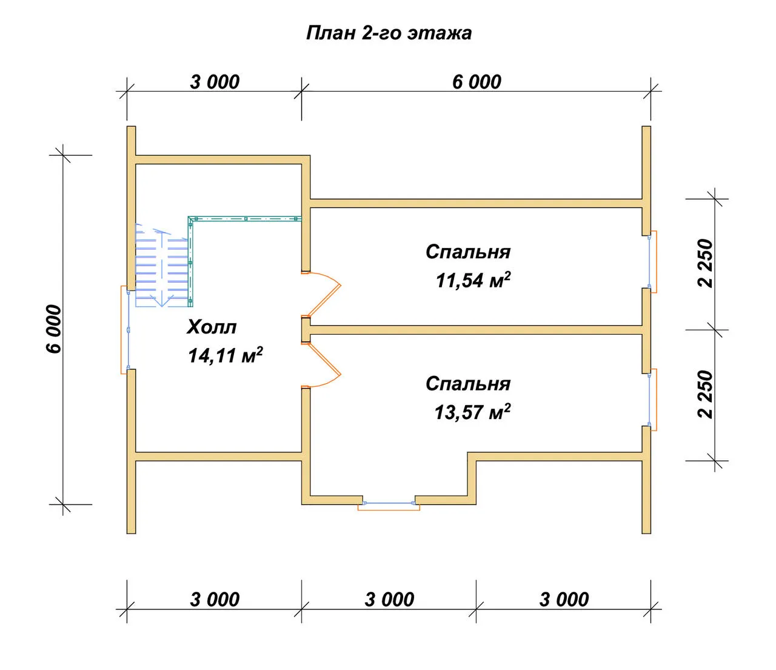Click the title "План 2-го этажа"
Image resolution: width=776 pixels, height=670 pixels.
389,33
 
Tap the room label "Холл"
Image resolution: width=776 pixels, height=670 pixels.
212,327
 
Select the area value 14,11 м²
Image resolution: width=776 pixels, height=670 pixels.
226,355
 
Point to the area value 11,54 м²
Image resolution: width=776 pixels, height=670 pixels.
473,280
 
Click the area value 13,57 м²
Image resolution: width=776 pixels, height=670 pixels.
472,412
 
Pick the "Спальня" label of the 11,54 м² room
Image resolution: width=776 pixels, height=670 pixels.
468,252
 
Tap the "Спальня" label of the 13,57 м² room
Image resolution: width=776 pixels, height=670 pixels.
468,384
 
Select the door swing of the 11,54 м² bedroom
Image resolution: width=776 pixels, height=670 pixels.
321,293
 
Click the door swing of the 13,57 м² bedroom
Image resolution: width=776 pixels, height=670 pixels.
321,364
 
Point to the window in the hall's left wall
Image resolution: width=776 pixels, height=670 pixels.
125,330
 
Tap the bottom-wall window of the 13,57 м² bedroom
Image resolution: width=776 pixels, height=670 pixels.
389,506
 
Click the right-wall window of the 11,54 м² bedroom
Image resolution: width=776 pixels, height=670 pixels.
653,261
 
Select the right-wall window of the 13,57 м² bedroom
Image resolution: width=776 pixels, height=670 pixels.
653,400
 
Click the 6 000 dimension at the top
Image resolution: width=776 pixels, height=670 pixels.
477,82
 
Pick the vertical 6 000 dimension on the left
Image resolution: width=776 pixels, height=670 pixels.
54,329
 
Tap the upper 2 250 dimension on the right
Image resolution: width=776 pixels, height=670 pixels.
705,264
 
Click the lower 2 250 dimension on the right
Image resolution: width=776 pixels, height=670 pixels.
705,394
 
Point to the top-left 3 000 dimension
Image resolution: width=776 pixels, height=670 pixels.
215,82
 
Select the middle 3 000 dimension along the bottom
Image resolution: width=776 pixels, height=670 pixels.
389,600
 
